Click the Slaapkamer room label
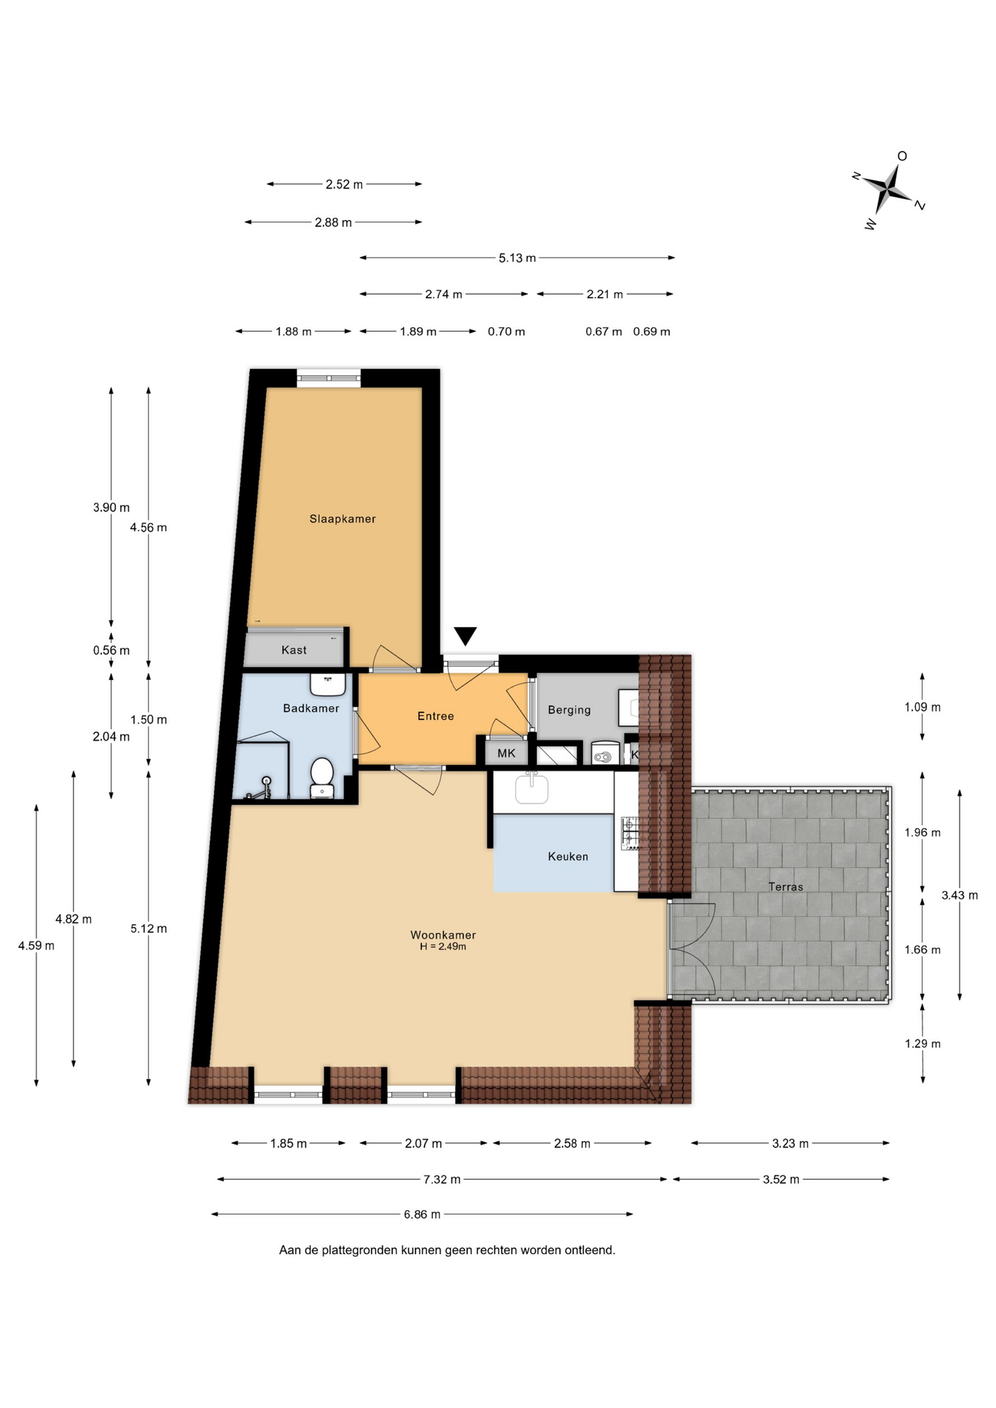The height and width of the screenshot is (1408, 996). [343, 519]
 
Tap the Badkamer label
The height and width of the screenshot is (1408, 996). [311, 708]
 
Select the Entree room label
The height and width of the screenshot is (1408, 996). [436, 716]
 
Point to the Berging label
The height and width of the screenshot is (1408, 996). [569, 710]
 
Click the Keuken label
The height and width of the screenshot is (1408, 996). [568, 857]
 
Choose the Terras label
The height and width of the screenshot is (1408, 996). [786, 887]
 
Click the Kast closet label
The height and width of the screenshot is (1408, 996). [294, 650]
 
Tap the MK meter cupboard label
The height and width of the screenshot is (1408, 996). [506, 753]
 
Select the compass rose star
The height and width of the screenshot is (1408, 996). [887, 189]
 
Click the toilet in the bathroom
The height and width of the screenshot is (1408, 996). [322, 777]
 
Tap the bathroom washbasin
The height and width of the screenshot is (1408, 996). [327, 685]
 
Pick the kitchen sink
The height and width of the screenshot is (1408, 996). [532, 788]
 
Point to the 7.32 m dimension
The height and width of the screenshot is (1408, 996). [442, 1179]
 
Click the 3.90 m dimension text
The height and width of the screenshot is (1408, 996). [111, 507]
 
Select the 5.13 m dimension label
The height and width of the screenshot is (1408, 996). [517, 258]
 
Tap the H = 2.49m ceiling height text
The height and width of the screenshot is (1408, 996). [443, 947]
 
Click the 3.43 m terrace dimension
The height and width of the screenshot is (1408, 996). [959, 895]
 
